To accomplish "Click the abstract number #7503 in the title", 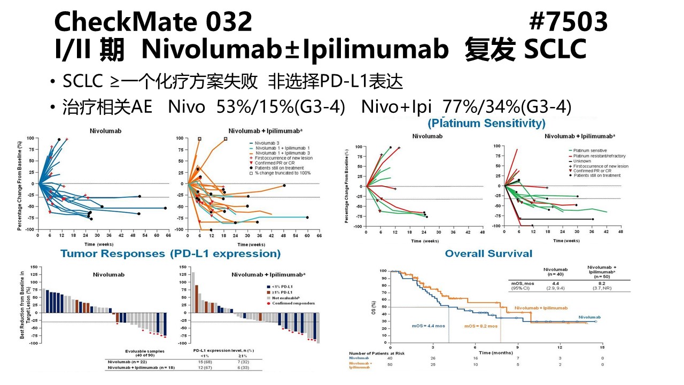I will click(568, 22).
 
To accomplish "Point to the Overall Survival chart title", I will click(488, 253).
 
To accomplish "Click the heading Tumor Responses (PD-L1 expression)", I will click(170, 253).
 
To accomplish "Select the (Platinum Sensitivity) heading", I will click(486, 124).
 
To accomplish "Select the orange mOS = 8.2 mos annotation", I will click(480, 326).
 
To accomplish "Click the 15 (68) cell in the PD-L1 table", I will click(204, 361).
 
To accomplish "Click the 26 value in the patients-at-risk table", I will click(433, 358).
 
